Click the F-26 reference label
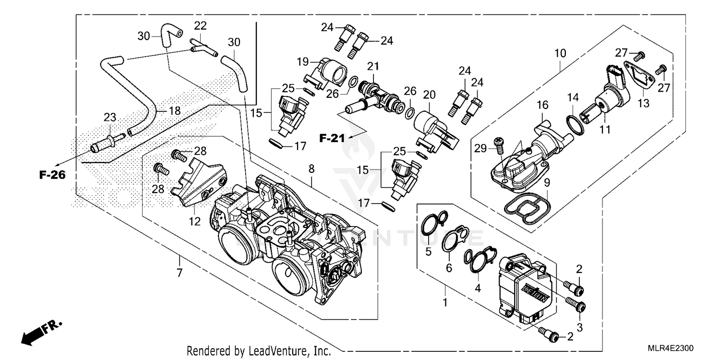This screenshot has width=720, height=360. [x=52, y=175]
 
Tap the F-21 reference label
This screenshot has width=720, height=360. [x=332, y=139]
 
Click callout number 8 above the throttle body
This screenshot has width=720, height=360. [x=312, y=168]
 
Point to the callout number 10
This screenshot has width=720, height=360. [x=561, y=53]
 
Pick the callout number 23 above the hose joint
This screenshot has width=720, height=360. [x=110, y=117]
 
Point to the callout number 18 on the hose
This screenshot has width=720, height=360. [x=174, y=111]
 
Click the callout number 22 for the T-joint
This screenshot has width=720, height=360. [x=200, y=25]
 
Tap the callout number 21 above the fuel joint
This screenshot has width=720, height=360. [x=373, y=65]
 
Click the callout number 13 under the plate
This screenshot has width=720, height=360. [x=643, y=103]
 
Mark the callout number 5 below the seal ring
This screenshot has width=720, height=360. [x=428, y=252]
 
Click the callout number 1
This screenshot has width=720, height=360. [x=444, y=303]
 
